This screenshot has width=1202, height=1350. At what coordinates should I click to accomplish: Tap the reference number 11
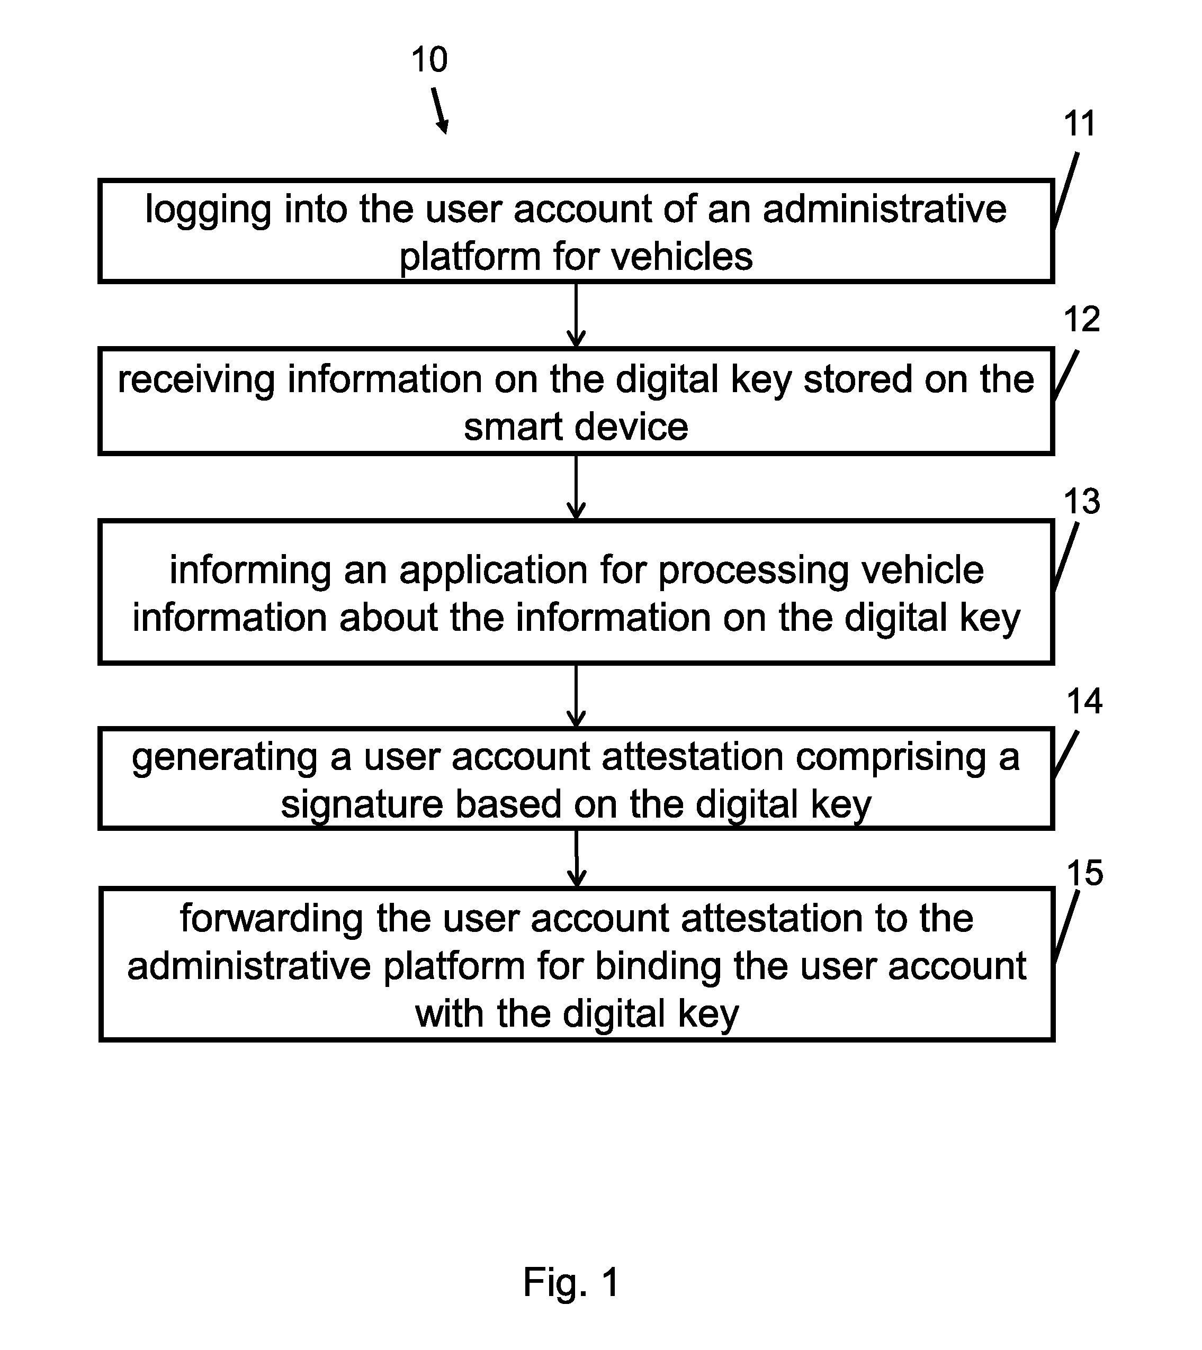[1080, 123]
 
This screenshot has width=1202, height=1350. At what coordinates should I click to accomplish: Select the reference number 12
[1082, 319]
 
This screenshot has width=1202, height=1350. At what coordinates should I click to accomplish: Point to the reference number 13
[1082, 501]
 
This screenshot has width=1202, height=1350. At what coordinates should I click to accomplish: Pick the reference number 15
[1085, 873]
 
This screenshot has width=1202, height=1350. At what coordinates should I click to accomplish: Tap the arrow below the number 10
[440, 112]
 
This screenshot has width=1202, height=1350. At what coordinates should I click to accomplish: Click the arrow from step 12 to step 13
[576, 488]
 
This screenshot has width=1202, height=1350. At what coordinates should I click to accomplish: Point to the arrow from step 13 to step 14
[576, 696]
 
